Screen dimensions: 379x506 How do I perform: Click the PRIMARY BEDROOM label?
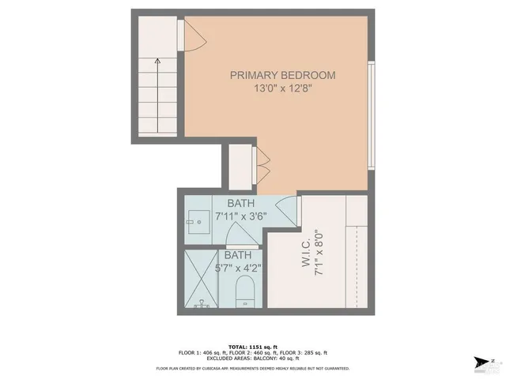pos(282,76)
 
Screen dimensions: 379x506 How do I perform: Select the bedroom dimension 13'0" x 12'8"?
pos(282,89)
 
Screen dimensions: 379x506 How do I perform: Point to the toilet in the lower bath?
pos(245,291)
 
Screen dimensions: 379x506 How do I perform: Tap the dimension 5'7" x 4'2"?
pos(238,268)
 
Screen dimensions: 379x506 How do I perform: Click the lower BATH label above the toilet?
pos(238,255)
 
